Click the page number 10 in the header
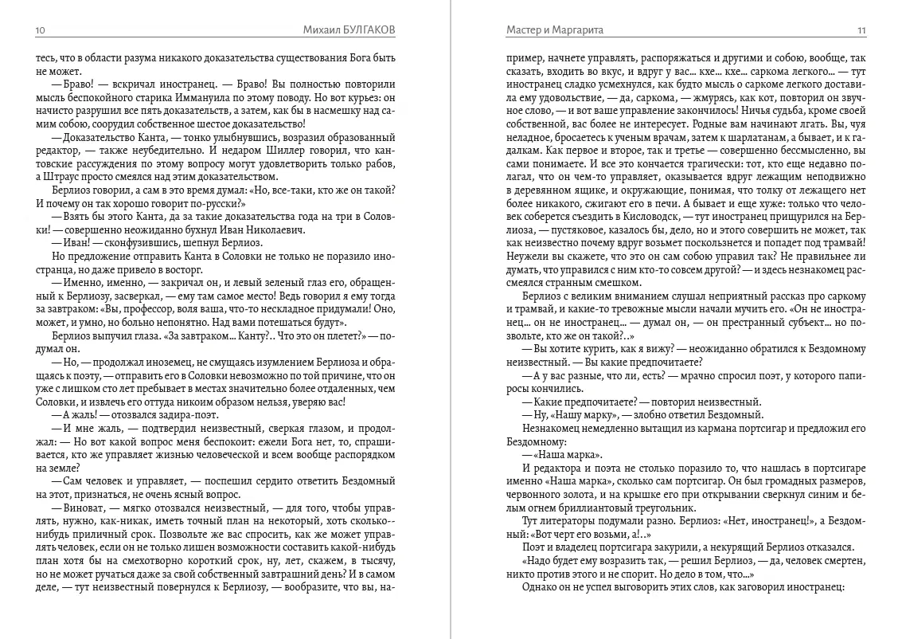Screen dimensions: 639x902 point(41,30)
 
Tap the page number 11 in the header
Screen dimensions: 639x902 point(861,30)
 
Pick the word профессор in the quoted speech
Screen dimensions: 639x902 point(154,310)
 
